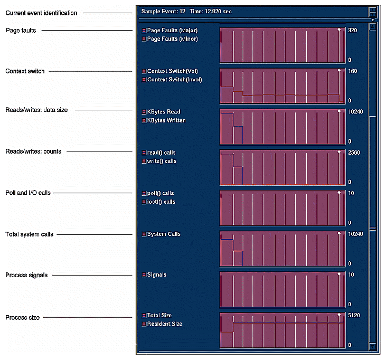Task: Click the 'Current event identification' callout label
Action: pyautogui.click(x=41, y=13)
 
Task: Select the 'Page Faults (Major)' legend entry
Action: pyautogui.click(x=172, y=31)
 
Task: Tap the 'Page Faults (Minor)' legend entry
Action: pyautogui.click(x=172, y=39)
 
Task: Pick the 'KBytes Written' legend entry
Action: pyautogui.click(x=166, y=120)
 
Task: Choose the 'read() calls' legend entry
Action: pyautogui.click(x=162, y=153)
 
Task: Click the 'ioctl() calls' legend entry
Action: pyautogui.click(x=161, y=202)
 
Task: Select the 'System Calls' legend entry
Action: pyautogui.click(x=164, y=234)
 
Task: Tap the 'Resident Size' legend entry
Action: pyautogui.click(x=164, y=324)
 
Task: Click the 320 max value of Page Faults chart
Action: pyautogui.click(x=353, y=31)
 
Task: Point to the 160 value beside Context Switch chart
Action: pyautogui.click(x=353, y=71)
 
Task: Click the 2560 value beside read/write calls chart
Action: pyautogui.click(x=354, y=153)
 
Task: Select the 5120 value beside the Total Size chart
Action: pyautogui.click(x=354, y=315)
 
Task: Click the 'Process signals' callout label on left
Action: pyautogui.click(x=26, y=275)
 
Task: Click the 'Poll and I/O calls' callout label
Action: pyautogui.click(x=28, y=193)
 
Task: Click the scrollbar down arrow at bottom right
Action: pyautogui.click(x=373, y=346)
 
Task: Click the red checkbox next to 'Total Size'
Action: pyautogui.click(x=144, y=316)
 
